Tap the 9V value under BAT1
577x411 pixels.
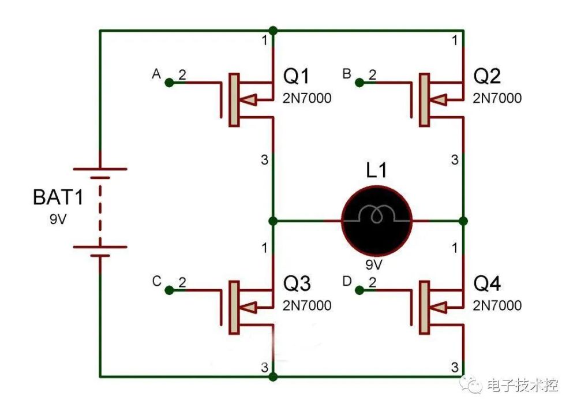click(58, 219)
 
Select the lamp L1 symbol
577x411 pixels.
click(376, 221)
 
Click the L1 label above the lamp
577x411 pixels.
click(376, 170)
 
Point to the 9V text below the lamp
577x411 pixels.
click(374, 264)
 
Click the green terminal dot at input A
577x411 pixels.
click(169, 83)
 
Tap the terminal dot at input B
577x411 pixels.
click(359, 83)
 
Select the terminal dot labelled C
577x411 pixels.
click(169, 290)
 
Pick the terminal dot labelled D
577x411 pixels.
click(359, 290)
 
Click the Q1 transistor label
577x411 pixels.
click(296, 76)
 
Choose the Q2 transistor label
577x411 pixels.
click(487, 76)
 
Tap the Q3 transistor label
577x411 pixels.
click(297, 283)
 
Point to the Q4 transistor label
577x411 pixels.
click(487, 283)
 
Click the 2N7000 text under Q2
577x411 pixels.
click(497, 98)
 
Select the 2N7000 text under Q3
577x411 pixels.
click(307, 305)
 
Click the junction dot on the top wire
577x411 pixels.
click(273, 31)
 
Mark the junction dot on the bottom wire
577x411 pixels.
click(273, 377)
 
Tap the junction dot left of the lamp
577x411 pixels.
click(273, 221)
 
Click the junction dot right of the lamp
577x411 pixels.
click(463, 221)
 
